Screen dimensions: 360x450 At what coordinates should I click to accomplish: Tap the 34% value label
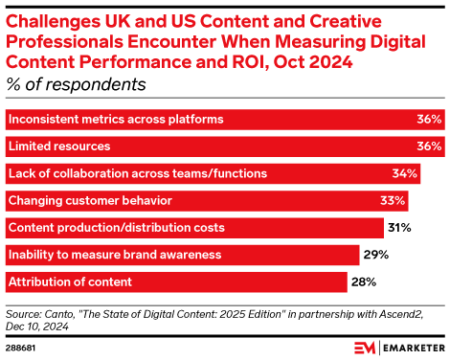[405, 173]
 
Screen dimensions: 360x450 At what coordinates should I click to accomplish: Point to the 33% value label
[394, 200]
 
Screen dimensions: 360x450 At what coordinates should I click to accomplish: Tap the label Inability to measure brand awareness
[114, 254]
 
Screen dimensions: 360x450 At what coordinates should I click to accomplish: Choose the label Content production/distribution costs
[116, 227]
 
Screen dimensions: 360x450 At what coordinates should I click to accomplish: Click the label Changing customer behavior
[89, 200]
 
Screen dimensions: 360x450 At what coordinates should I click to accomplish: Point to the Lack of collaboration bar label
[137, 173]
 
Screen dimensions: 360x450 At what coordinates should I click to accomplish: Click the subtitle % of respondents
[76, 84]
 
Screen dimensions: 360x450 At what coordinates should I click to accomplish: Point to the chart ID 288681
[22, 346]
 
